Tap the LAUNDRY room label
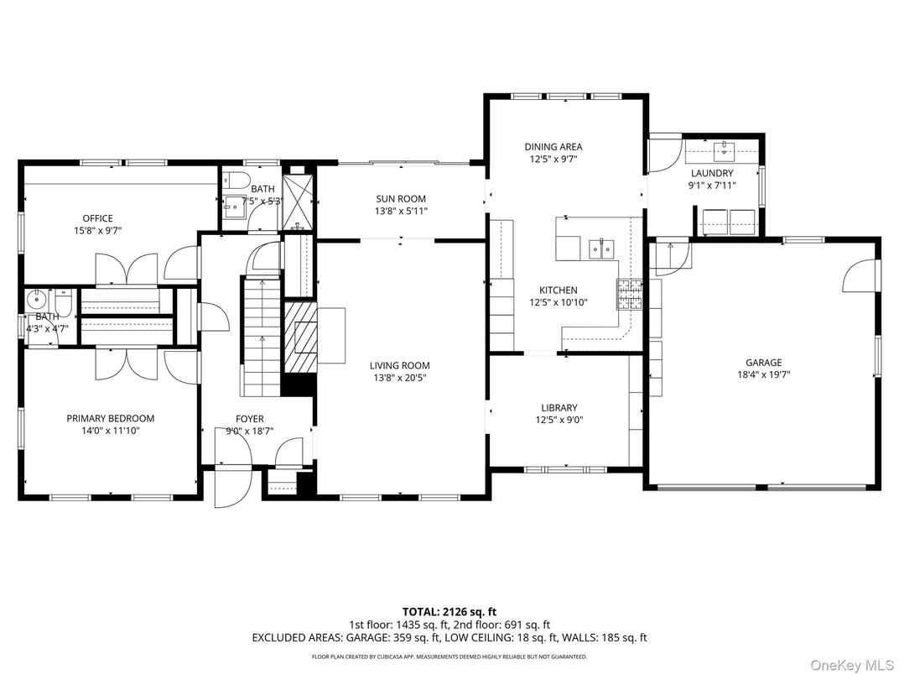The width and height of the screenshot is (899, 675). coord(711,173)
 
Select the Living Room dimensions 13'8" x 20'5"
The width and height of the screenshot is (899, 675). coord(400,378)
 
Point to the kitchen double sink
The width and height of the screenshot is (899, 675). coord(602,248)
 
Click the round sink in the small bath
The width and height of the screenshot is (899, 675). coord(37,299)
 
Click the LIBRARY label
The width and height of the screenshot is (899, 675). coord(559,408)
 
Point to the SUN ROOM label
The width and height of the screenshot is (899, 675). coord(400,199)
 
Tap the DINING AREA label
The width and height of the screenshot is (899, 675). coord(553,146)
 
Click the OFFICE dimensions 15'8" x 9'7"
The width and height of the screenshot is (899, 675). coord(97,230)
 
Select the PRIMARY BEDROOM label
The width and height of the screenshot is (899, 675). coord(111,418)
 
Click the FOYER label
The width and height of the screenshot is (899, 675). coord(249,419)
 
